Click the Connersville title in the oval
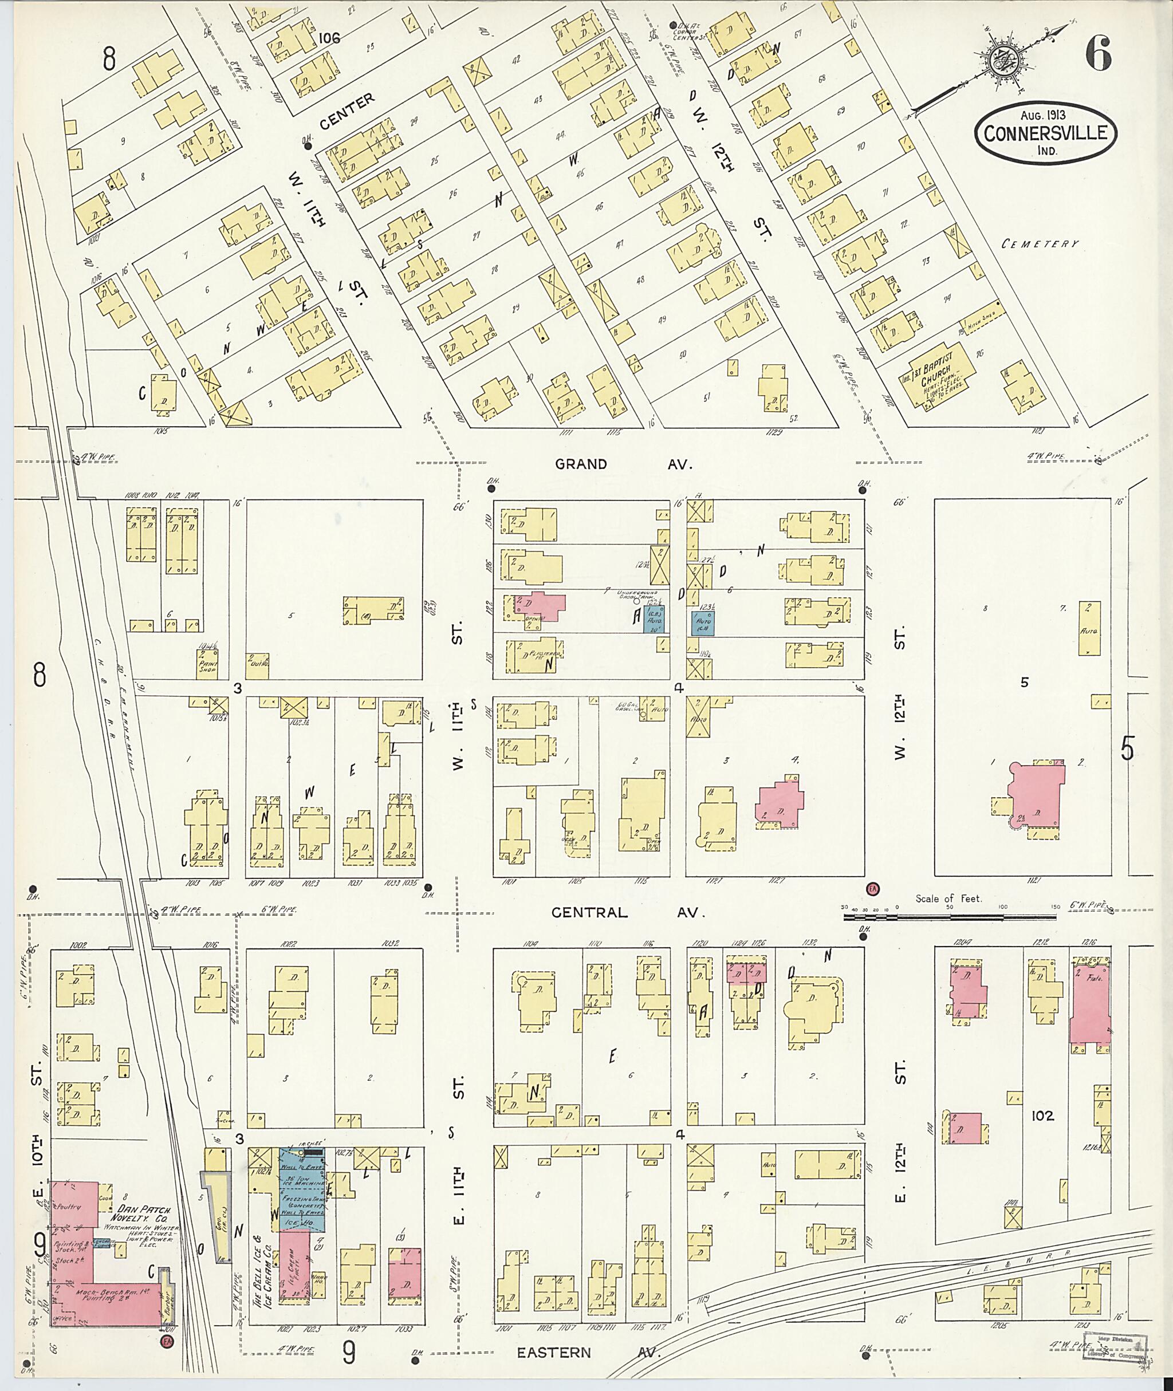coord(1045,132)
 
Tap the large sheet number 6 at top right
coord(1098,54)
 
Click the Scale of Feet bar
coord(947,917)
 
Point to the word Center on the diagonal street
coord(346,111)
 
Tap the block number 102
coord(1042,1115)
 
